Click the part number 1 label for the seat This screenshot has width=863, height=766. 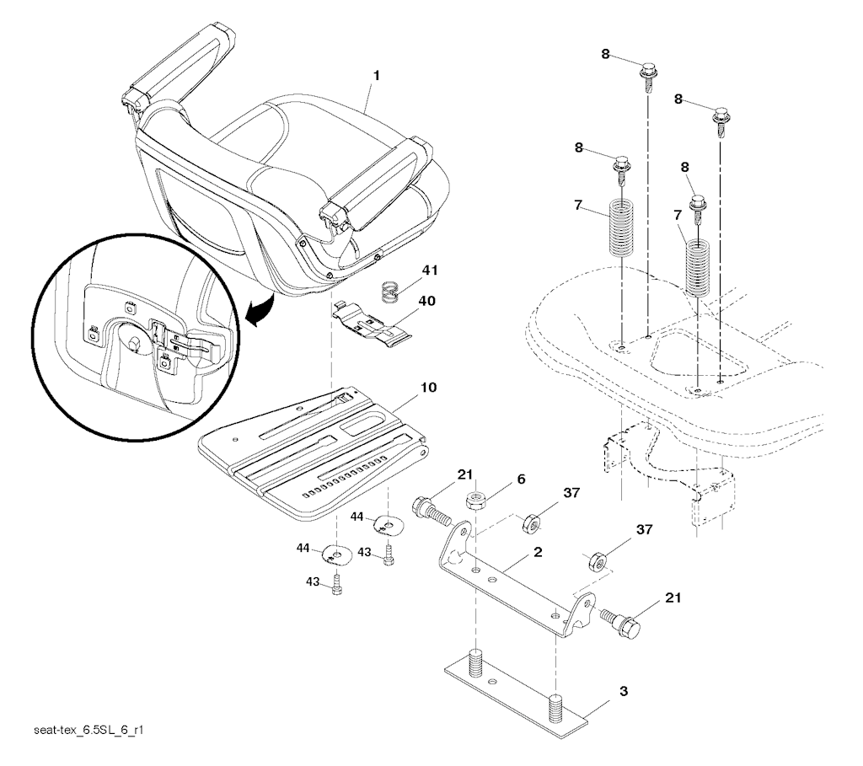377,76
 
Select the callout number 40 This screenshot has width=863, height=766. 427,301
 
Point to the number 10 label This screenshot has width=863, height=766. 429,388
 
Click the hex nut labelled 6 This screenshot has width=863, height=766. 476,501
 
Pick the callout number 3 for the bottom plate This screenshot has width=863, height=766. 624,691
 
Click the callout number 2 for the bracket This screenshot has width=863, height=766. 538,552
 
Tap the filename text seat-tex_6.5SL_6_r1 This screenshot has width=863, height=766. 88,731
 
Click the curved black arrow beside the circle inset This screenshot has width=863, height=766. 260,310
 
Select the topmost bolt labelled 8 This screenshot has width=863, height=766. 650,79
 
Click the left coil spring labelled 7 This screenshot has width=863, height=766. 622,228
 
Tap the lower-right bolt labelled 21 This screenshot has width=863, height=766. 621,623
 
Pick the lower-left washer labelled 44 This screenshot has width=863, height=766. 335,554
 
